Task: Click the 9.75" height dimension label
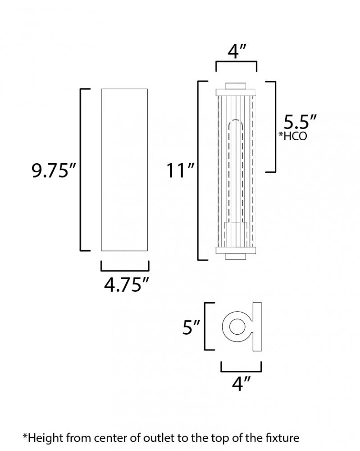point(54,170)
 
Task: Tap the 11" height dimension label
point(180,170)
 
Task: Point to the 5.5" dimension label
point(300,122)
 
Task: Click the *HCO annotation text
point(293,136)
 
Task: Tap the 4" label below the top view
point(242,383)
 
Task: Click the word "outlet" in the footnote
point(158,438)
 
